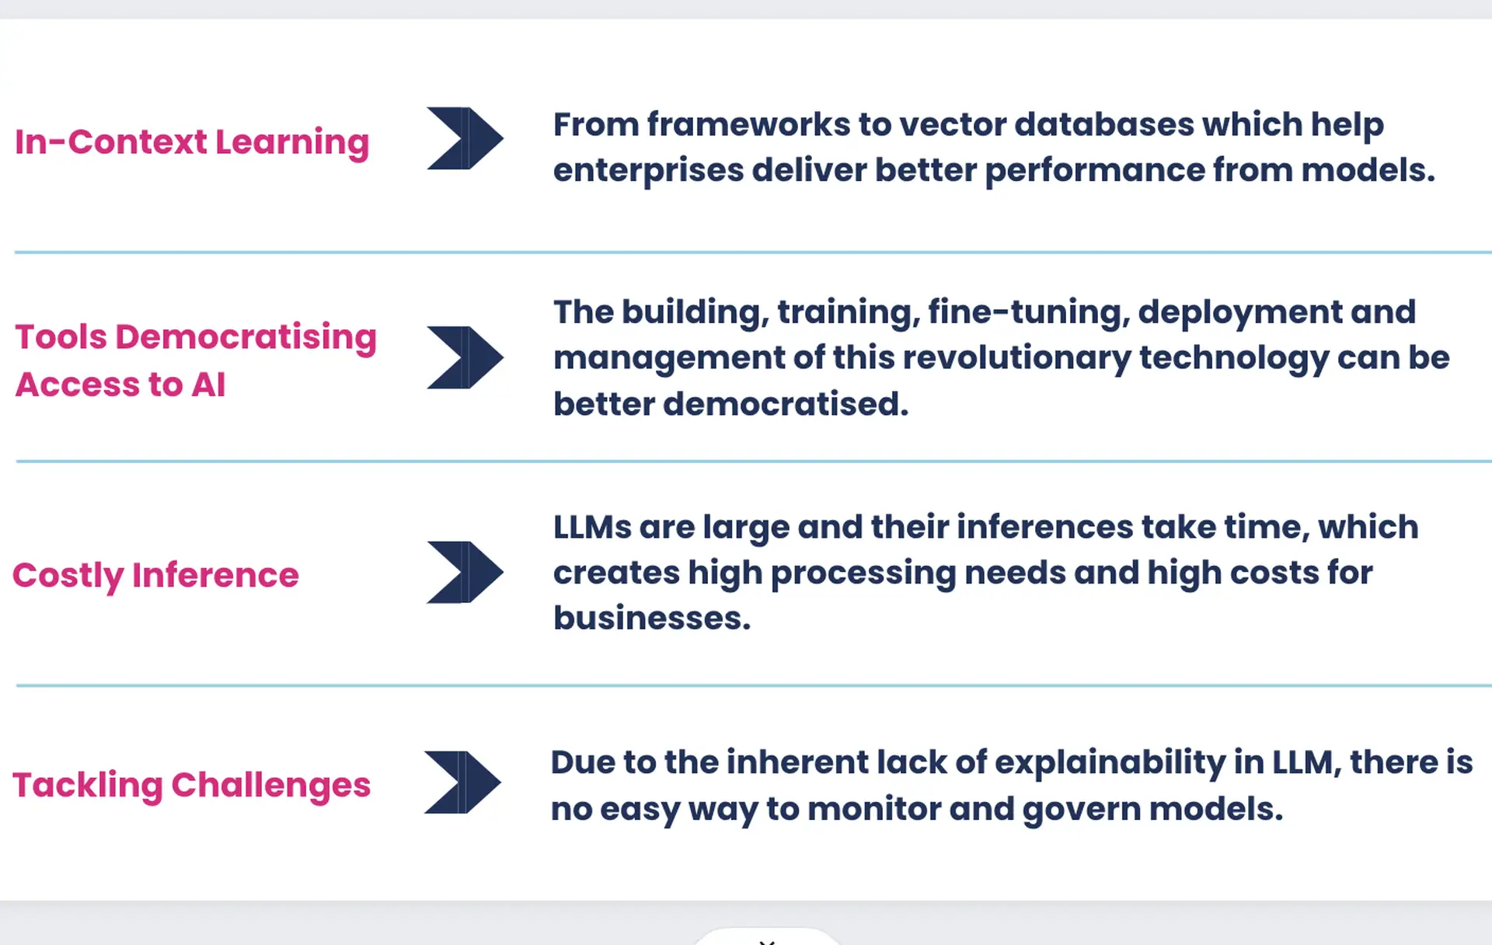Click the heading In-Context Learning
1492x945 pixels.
point(192,143)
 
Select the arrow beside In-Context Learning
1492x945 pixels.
point(465,138)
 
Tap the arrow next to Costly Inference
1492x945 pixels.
point(465,572)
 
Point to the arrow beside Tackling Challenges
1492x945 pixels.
point(462,782)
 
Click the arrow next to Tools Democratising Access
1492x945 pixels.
point(465,357)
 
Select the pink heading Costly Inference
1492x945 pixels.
point(155,576)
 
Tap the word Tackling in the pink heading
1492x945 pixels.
point(88,786)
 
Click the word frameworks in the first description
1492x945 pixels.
point(748,125)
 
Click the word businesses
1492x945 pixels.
point(652,619)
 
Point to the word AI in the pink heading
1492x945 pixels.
point(208,385)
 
